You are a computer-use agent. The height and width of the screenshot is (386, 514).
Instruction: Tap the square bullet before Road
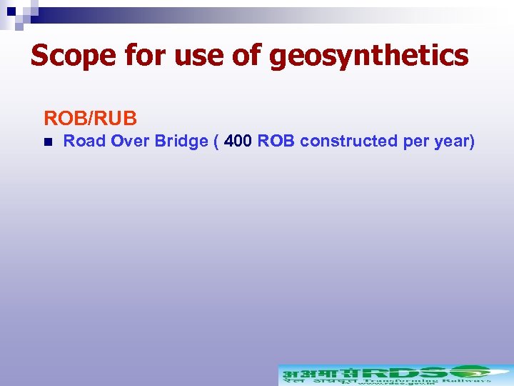[x=47, y=142]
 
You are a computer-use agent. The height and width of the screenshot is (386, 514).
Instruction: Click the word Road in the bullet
[x=85, y=141]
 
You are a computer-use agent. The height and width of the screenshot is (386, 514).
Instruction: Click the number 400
[x=238, y=141]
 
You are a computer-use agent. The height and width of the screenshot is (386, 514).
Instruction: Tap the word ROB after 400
[x=276, y=141]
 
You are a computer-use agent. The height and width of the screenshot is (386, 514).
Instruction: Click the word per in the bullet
[x=416, y=141]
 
